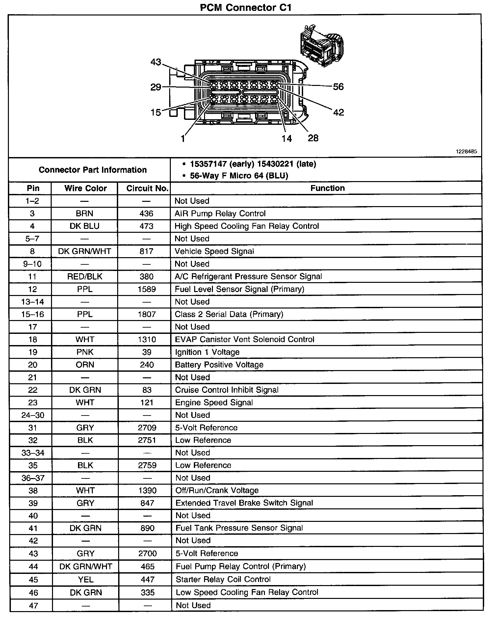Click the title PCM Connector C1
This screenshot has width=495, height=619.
click(x=246, y=7)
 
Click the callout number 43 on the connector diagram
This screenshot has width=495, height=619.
click(x=156, y=62)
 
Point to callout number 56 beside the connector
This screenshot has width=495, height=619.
click(x=338, y=87)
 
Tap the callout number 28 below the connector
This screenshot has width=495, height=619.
click(x=313, y=138)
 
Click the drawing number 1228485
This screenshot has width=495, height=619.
click(x=466, y=152)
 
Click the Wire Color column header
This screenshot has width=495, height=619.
click(x=86, y=188)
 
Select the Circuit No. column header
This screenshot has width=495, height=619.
click(x=147, y=188)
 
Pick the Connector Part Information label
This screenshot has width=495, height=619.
click(x=92, y=170)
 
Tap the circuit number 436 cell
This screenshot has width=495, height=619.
click(x=146, y=214)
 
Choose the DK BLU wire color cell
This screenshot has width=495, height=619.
click(x=85, y=226)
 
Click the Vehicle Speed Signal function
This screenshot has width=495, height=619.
click(x=214, y=252)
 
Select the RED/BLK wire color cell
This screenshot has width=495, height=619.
click(x=85, y=277)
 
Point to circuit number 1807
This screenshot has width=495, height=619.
click(x=147, y=314)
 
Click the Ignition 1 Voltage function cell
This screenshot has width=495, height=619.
click(x=207, y=352)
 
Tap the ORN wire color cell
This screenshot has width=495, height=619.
click(x=85, y=365)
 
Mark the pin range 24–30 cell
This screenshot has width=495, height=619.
click(x=33, y=415)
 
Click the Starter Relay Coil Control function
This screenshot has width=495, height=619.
click(x=223, y=579)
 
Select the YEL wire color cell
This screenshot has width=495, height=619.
click(x=86, y=579)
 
